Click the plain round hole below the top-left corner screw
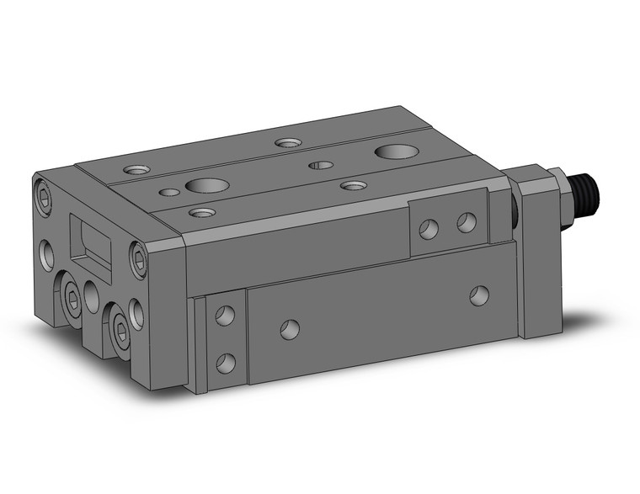(45, 251)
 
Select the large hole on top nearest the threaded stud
(395, 151)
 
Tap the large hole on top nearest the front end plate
(205, 185)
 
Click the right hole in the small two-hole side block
(465, 223)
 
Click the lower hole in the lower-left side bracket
(225, 363)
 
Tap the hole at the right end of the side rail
(479, 295)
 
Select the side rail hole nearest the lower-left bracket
(291, 327)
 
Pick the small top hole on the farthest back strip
(289, 143)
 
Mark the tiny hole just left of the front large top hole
(169, 192)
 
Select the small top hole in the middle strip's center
(319, 164)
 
